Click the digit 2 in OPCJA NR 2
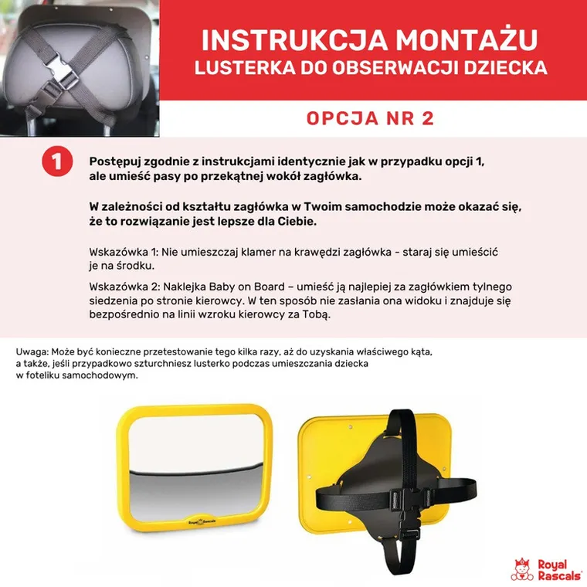click(428, 118)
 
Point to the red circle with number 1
click(57, 161)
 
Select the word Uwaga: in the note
click(32, 352)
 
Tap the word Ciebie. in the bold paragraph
click(297, 221)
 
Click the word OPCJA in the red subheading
click(342, 118)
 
